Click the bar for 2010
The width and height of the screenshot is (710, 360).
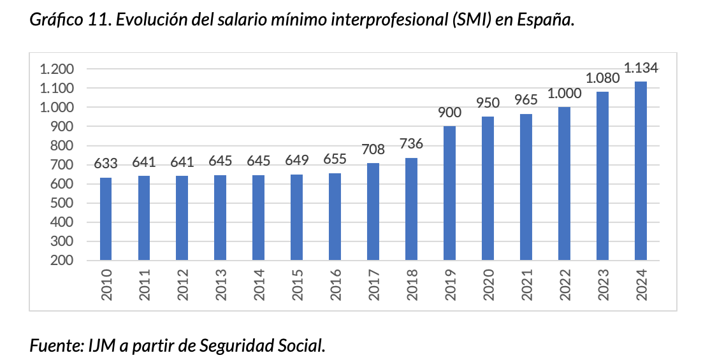(106, 219)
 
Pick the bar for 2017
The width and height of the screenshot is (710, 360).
(373, 212)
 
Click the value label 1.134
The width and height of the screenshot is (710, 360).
(641, 68)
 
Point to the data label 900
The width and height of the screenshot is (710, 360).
(449, 113)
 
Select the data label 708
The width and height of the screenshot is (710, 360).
(373, 150)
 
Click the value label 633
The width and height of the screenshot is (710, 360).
(106, 164)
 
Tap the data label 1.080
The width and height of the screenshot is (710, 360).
(602, 78)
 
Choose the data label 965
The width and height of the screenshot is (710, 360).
(526, 100)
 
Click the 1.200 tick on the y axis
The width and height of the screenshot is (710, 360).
(57, 69)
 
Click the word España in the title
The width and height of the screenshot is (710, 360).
(547, 20)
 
